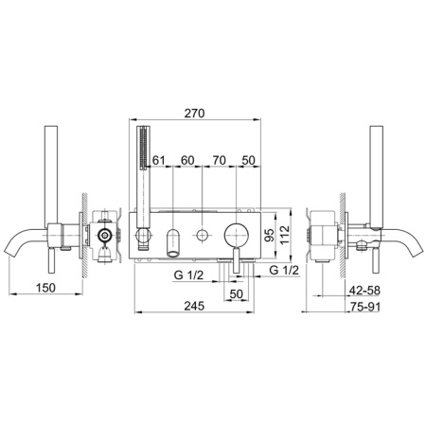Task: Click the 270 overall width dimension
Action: click(x=194, y=114)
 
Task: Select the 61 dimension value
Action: click(x=159, y=160)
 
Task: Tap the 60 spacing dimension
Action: click(x=187, y=160)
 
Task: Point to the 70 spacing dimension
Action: click(x=219, y=160)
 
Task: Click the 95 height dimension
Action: click(x=269, y=235)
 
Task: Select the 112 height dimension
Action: click(x=285, y=235)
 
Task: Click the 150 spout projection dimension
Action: click(x=45, y=288)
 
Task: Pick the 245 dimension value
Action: click(x=194, y=306)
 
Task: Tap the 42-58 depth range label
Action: click(x=364, y=291)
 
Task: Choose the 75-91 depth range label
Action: click(x=365, y=307)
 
